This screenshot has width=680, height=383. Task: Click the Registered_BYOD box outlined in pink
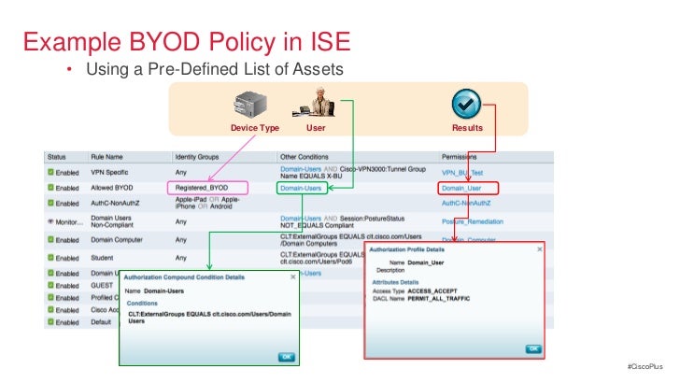point(209,188)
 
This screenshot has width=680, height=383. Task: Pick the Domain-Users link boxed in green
point(302,188)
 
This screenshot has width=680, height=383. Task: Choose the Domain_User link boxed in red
point(461,188)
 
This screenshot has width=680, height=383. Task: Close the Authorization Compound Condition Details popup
point(291,277)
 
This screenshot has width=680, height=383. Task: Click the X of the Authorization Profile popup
point(536,250)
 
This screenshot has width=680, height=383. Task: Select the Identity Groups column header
point(198,157)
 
